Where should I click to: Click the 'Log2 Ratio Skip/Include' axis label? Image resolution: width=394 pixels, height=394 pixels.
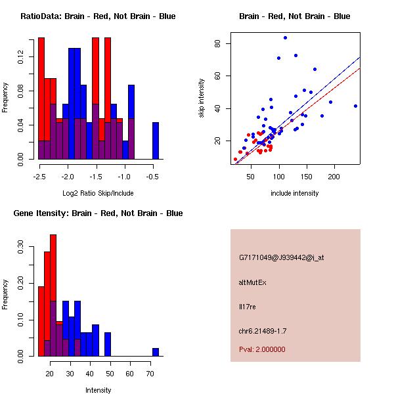tap(98, 193)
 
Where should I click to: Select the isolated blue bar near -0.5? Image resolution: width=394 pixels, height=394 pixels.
tap(156, 141)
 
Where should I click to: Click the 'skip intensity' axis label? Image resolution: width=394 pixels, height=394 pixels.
tap(202, 98)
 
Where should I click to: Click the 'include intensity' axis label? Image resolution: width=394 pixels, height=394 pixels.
tap(294, 193)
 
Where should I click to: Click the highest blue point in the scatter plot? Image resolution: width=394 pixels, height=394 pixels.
tap(285, 37)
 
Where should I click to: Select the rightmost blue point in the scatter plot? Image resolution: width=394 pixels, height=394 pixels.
tap(355, 106)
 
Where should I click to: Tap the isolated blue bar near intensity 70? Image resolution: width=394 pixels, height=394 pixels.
tap(156, 352)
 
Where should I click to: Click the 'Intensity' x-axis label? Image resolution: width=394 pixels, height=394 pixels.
tap(98, 390)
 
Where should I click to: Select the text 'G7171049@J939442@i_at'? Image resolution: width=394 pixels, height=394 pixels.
tap(281, 258)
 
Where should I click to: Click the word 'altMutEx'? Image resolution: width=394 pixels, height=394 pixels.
tap(253, 282)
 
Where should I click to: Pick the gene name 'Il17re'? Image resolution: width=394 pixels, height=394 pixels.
tap(246, 306)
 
